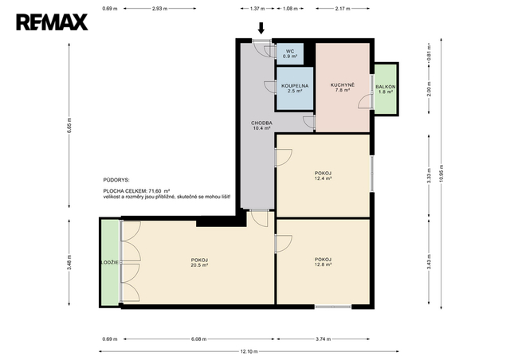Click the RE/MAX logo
coord(52,22)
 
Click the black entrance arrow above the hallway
coord(261,28)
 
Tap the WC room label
coord(290,53)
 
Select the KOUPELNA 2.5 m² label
coord(295,88)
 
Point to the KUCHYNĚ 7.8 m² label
coord(343,88)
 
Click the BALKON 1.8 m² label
coord(386,89)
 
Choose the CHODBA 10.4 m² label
coord(261,126)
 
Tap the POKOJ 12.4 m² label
coord(323,176)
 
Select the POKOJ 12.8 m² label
coord(323,262)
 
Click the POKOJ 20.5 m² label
coord(199,263)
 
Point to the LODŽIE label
coord(110,263)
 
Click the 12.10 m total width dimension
coord(249,351)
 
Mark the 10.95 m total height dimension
coord(441,174)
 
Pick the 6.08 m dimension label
coord(198,339)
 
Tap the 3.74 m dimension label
coord(323,339)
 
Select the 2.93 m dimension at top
coord(159,9)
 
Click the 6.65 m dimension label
coord(69,125)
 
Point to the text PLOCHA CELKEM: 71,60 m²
coord(137,191)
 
